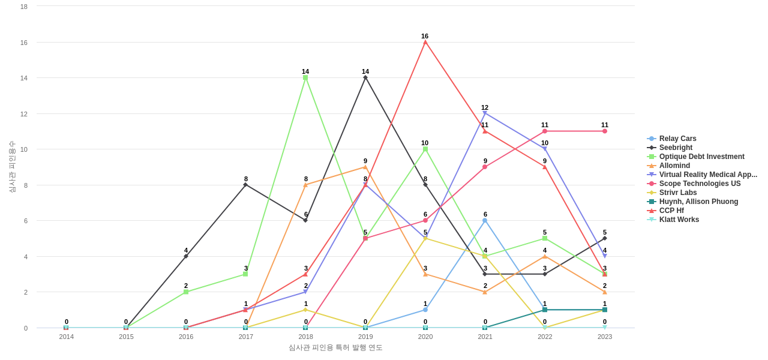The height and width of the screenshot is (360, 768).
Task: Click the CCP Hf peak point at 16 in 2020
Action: (x=425, y=42)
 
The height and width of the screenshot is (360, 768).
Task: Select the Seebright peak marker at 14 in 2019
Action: (x=365, y=77)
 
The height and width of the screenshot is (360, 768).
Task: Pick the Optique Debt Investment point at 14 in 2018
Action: (x=305, y=77)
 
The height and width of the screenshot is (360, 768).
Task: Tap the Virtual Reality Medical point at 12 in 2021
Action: (x=485, y=113)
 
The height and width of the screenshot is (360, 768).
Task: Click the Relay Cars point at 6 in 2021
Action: (x=485, y=220)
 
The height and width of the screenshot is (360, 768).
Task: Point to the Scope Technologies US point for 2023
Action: (x=605, y=131)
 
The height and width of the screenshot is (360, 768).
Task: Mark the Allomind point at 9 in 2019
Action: (x=365, y=167)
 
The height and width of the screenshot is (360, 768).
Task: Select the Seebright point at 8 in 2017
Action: (x=245, y=185)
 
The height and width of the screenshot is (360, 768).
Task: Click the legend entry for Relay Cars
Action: (x=677, y=139)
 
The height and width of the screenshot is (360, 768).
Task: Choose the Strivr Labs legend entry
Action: (x=677, y=193)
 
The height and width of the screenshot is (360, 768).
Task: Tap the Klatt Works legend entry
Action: (x=679, y=220)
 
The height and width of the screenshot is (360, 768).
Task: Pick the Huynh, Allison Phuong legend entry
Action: (x=698, y=202)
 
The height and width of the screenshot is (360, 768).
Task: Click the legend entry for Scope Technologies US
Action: (x=700, y=184)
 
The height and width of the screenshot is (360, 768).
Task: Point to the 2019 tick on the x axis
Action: (x=365, y=337)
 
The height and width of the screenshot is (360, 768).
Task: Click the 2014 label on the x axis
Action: (x=67, y=337)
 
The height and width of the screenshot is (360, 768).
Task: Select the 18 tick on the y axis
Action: (x=24, y=7)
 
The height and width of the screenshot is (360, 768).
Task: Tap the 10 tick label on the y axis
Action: (x=24, y=149)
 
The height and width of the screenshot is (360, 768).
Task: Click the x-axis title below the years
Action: (x=335, y=347)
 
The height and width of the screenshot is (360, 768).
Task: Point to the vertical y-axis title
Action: (x=12, y=167)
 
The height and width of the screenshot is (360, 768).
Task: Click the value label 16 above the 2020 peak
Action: (x=425, y=36)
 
